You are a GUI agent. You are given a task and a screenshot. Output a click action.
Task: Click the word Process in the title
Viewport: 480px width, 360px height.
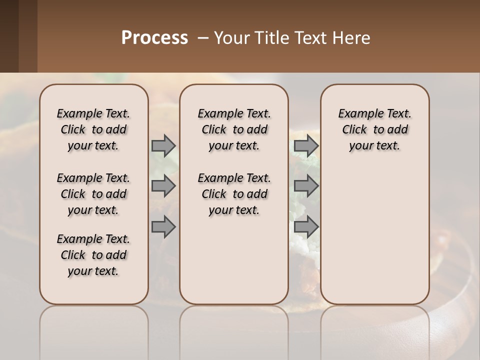[x=154, y=37]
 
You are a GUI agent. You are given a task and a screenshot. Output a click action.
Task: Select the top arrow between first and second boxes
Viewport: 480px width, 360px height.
[x=163, y=145]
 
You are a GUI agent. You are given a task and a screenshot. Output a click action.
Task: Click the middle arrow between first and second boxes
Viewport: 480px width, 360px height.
[x=163, y=186]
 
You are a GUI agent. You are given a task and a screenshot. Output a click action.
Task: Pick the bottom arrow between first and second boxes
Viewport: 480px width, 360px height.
[x=163, y=227]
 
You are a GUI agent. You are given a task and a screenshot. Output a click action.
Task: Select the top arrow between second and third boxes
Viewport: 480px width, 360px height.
[x=306, y=145]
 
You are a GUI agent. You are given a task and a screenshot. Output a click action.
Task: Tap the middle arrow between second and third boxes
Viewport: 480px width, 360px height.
[x=306, y=186]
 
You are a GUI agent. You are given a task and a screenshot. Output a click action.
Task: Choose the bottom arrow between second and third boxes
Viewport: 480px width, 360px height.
[x=306, y=227]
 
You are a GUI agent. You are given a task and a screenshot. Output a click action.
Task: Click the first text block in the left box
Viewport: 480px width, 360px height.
[x=93, y=129]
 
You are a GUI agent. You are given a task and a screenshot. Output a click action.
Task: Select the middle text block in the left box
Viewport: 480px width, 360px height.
[x=93, y=194]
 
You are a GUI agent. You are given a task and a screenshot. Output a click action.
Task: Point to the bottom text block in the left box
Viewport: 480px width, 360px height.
[x=93, y=255]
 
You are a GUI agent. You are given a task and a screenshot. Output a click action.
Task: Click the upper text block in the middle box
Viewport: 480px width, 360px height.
[x=234, y=129]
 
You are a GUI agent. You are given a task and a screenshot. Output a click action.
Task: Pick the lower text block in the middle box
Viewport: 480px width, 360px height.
[x=234, y=194]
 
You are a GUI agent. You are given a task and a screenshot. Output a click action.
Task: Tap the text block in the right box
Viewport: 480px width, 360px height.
[x=375, y=129]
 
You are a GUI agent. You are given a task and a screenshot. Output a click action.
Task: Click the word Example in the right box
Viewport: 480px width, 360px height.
[x=358, y=114]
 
